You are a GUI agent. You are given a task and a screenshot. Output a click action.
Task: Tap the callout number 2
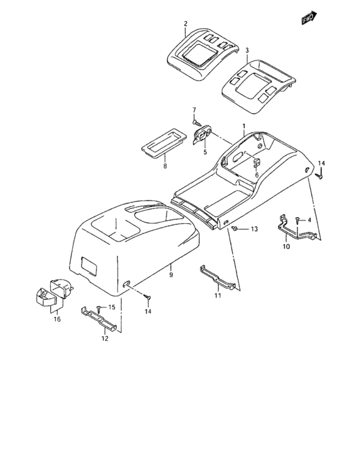185,24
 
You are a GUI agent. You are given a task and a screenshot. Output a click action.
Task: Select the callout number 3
246,50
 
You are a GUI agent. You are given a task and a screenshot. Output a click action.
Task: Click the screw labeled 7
195,121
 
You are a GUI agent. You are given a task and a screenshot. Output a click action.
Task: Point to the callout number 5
205,152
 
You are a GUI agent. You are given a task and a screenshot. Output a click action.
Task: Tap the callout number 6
256,175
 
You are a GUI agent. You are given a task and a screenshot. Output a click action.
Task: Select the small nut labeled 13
236,229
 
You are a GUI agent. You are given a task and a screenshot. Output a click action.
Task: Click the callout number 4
309,221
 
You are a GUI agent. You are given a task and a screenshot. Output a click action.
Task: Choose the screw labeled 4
297,221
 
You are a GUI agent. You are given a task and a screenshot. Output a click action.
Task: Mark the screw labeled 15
98,308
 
